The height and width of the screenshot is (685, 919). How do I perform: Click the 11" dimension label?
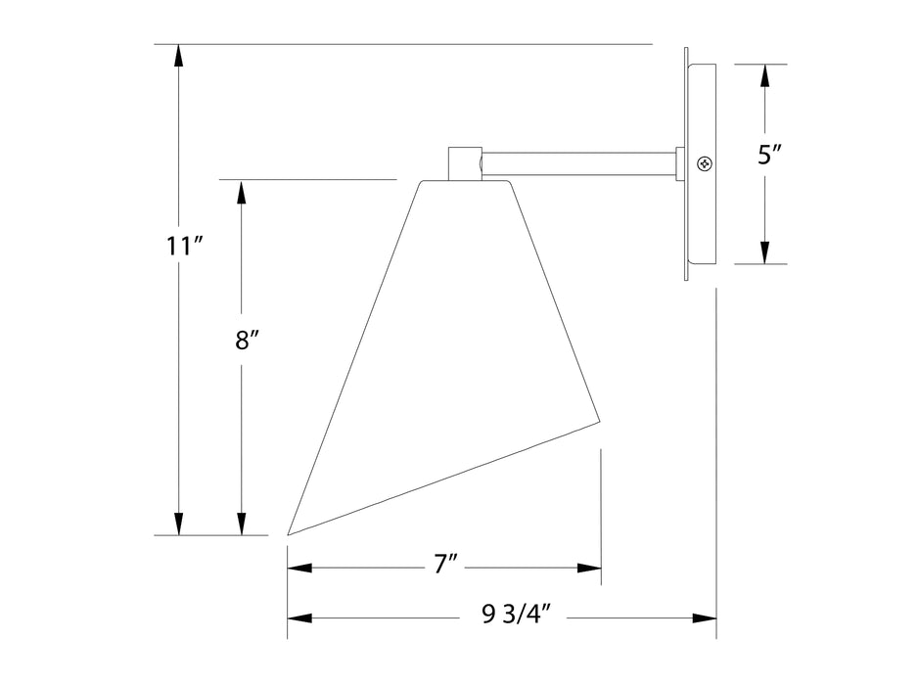[184, 246]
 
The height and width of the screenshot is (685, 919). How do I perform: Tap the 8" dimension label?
[247, 340]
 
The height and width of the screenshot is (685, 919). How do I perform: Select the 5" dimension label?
[770, 156]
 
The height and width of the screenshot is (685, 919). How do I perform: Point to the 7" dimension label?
[445, 565]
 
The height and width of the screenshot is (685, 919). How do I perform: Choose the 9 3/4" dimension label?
[517, 615]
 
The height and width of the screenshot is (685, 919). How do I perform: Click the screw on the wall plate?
[705, 163]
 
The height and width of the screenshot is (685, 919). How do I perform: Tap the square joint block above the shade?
[465, 163]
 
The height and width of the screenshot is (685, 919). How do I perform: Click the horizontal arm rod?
[579, 163]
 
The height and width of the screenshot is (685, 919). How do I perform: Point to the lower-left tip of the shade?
[288, 534]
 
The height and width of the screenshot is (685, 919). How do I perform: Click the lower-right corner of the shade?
[600, 420]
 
